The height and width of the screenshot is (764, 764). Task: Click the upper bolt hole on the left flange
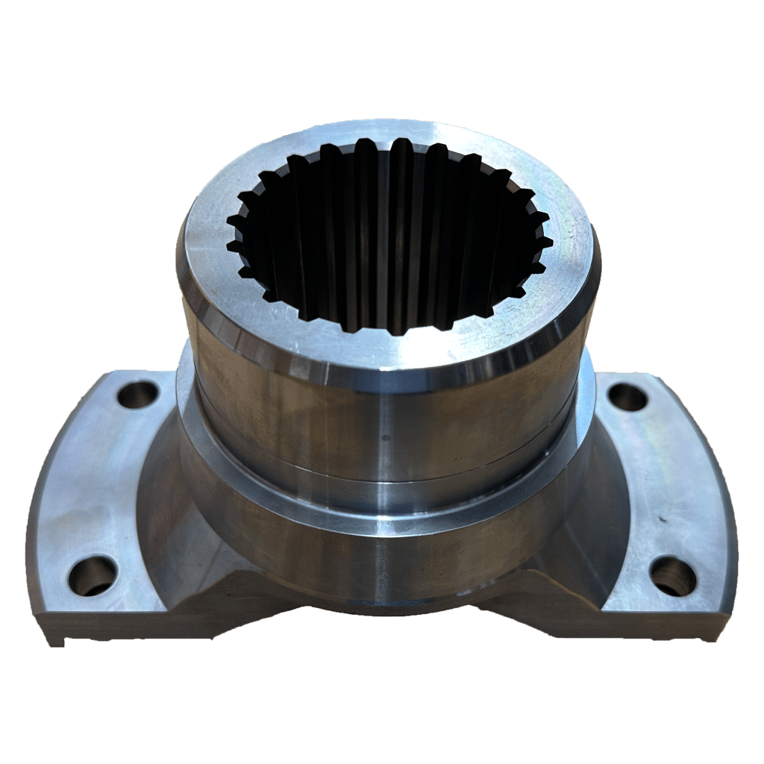pyautogui.click(x=137, y=393)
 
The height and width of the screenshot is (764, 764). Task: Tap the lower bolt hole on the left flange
pyautogui.click(x=93, y=576)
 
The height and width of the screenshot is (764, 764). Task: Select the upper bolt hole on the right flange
pyautogui.click(x=628, y=397)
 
